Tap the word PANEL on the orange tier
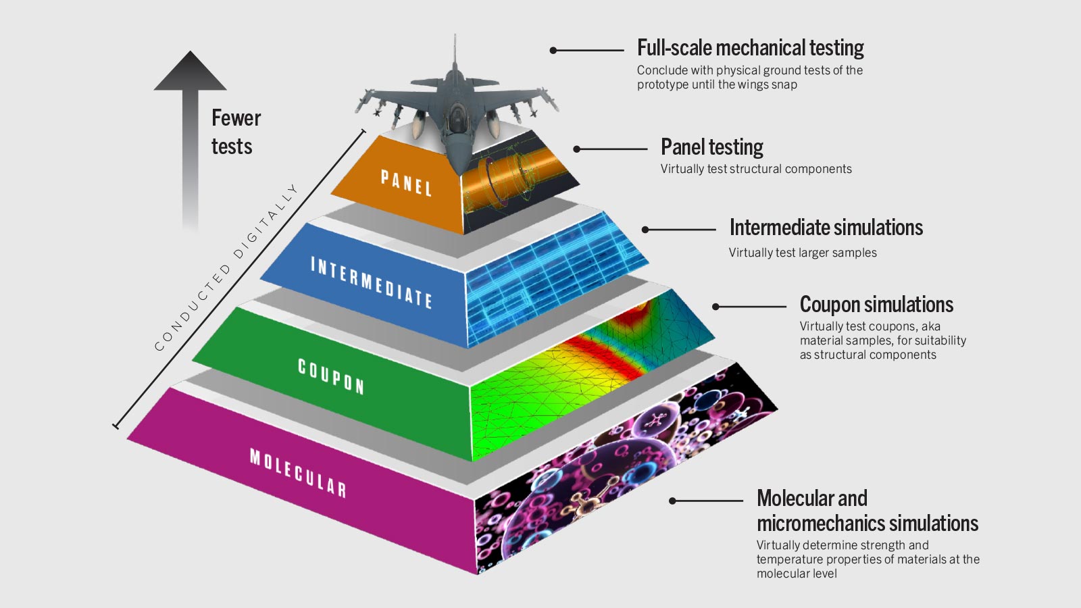pos(406,183)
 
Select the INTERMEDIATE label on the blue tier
pos(371,282)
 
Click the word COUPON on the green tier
pos(331,376)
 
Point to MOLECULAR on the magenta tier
pos(298,472)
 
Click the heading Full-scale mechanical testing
pos(750,48)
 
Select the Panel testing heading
pos(711,147)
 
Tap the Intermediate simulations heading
pos(826,228)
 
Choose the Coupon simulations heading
pos(876,305)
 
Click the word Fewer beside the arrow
pos(236,118)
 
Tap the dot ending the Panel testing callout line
pos(577,149)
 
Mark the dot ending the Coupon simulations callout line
pos(715,307)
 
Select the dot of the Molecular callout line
pos(672,501)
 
